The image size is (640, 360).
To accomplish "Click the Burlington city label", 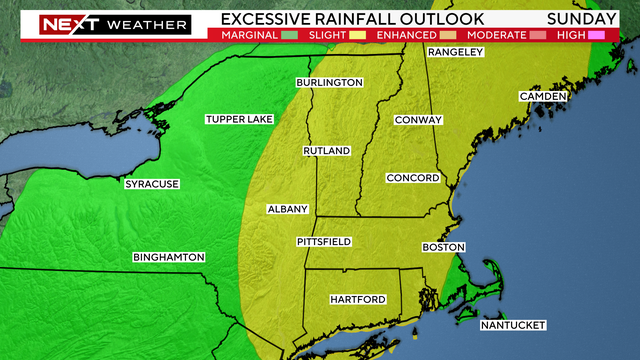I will point(327,82).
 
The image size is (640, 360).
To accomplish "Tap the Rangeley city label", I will point(455,52).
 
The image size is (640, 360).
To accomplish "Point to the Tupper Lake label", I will point(239,120).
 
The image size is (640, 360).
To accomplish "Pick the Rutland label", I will point(327,151).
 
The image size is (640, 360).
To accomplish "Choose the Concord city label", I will point(413,178).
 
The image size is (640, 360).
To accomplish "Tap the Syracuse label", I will point(151,184).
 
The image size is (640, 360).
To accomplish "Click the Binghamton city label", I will point(169,258).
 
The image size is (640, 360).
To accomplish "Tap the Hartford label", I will point(358,299).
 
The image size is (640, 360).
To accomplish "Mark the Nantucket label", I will point(512,326).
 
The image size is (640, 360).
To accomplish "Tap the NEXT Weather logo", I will point(104,22).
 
